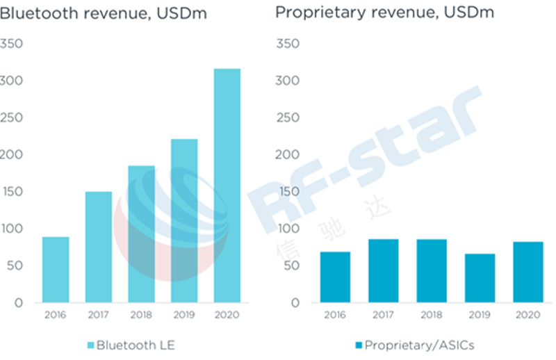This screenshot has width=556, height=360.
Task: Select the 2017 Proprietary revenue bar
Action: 382,271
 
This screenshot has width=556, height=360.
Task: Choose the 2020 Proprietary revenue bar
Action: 528,272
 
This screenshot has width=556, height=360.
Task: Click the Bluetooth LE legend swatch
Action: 90,345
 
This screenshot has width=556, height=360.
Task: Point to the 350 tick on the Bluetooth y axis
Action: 13,44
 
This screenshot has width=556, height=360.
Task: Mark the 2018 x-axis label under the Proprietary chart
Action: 431,315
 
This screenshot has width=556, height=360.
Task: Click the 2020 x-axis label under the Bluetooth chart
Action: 227,315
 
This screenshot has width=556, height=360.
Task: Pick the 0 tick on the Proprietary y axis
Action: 295,303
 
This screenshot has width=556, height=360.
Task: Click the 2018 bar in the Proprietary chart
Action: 431,271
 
